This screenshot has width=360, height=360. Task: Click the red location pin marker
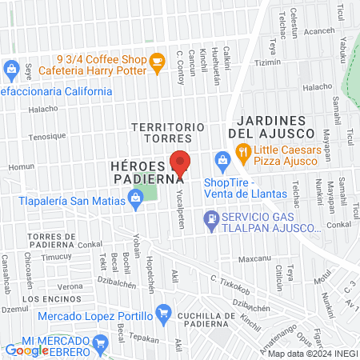[180, 162]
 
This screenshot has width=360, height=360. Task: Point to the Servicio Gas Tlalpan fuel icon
[210, 217]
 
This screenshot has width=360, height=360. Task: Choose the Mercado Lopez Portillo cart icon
[163, 312]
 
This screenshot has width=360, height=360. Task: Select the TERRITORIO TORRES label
[169, 133]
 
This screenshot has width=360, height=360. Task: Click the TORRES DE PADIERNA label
[51, 241]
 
